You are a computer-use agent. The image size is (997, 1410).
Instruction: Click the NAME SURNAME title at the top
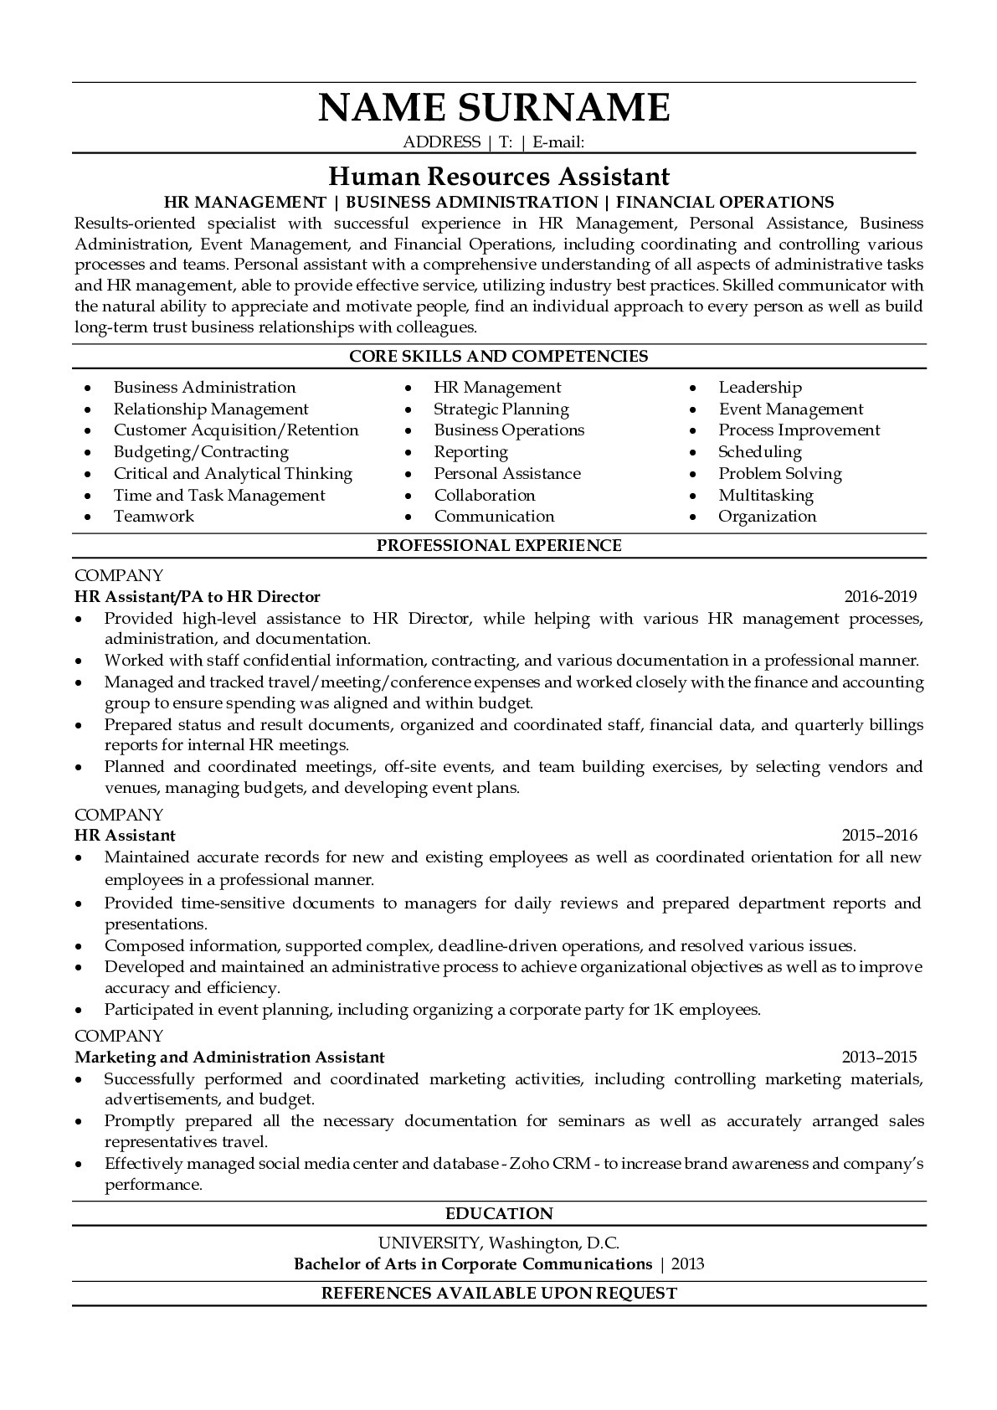[494, 108]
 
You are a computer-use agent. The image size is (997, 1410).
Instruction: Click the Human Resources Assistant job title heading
[498, 176]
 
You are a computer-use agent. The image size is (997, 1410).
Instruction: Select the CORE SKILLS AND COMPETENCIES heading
[498, 356]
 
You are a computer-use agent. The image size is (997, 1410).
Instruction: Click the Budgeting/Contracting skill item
[201, 452]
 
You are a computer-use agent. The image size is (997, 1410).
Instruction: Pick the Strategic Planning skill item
[501, 409]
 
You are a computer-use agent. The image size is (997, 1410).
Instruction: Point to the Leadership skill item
[759, 388]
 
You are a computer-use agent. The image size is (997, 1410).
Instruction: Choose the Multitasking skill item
[765, 496]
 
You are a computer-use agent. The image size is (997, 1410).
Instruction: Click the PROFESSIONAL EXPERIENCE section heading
[498, 546]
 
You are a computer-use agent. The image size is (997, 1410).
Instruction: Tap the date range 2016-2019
[880, 597]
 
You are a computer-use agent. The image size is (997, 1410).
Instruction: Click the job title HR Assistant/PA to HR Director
[197, 597]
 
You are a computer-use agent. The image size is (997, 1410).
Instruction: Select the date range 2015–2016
[879, 835]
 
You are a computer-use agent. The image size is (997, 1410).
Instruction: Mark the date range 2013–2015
[879, 1057]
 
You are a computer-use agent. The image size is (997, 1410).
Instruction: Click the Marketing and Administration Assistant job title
[229, 1057]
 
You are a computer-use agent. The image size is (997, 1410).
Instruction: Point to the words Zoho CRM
[550, 1164]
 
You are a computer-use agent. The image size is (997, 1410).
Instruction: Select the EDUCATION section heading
[499, 1214]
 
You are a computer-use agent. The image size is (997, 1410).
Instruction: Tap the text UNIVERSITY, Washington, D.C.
[498, 1243]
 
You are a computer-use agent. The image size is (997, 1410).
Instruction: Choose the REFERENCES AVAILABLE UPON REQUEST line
[499, 1294]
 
